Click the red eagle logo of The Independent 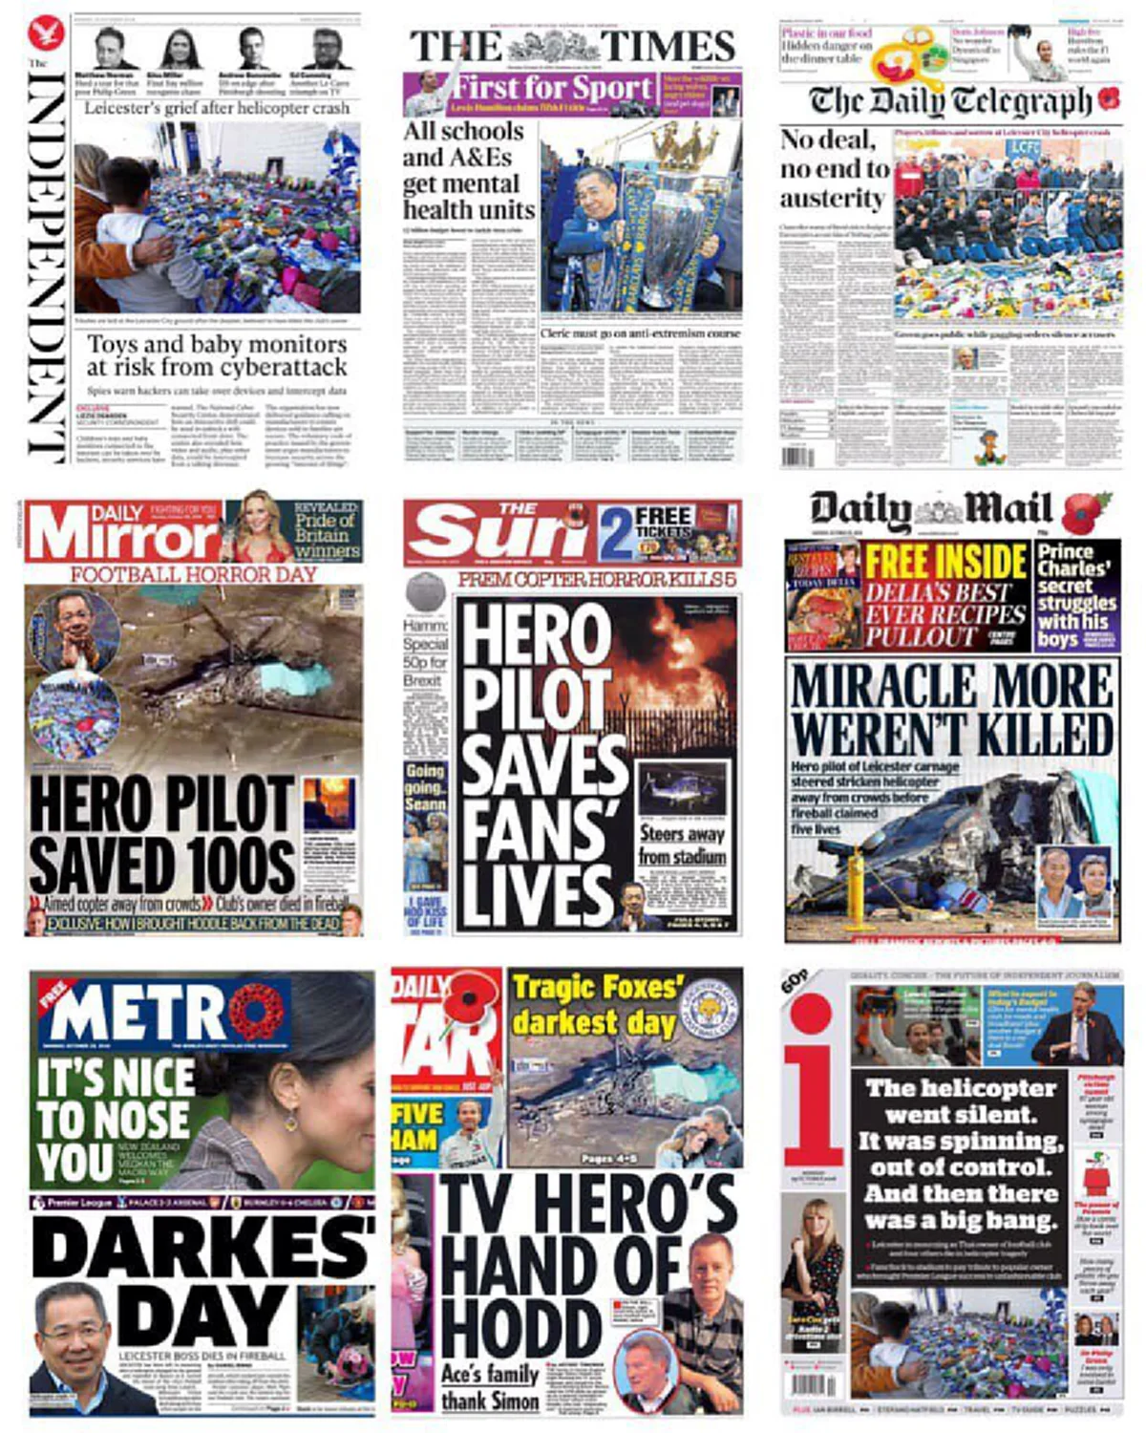[x=45, y=35]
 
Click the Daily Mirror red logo [x=122, y=534]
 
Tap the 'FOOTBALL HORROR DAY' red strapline [x=193, y=574]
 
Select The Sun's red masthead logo [x=499, y=534]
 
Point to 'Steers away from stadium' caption [x=682, y=845]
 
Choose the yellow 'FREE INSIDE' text [x=945, y=561]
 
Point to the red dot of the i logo [x=812, y=1013]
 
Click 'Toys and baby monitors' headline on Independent [x=217, y=355]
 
